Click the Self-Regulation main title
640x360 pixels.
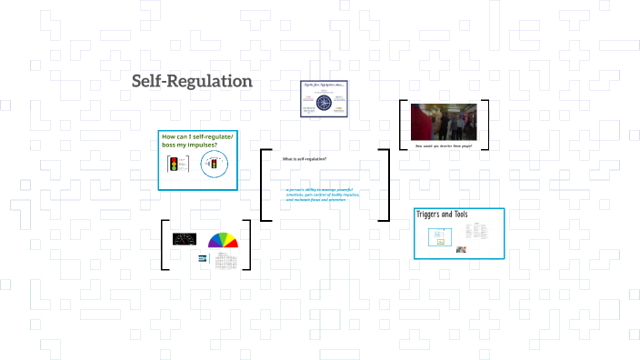pos(192,81)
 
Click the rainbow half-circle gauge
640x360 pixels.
pos(223,241)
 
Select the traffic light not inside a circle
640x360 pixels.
pos(173,165)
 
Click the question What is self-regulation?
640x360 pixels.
pos(305,159)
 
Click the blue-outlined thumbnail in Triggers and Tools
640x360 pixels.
pos(438,235)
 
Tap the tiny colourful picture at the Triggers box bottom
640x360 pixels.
pos(462,249)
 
